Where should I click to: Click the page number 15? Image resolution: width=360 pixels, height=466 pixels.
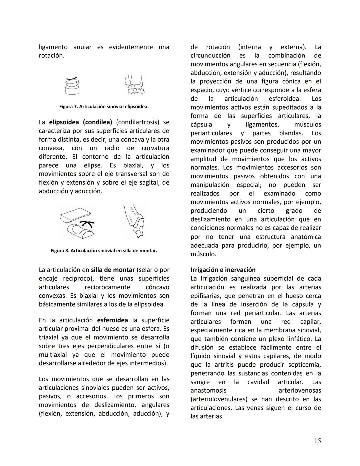pyautogui.click(x=317, y=441)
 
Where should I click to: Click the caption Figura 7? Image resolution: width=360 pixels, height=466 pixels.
pyautogui.click(x=104, y=107)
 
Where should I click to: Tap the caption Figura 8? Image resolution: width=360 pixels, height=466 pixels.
pyautogui.click(x=104, y=250)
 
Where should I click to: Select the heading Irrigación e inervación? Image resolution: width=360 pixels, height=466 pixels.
pyautogui.click(x=223, y=270)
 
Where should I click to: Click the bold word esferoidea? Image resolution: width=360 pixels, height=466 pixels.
pyautogui.click(x=112, y=320)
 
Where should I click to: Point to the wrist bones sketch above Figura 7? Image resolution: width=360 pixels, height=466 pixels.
pyautogui.click(x=135, y=84)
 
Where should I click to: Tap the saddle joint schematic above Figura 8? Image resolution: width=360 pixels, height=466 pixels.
pyautogui.click(x=77, y=222)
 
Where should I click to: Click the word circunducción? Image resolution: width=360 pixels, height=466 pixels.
pyautogui.click(x=210, y=55)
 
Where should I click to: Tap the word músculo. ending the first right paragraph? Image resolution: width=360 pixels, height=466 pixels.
pyautogui.click(x=203, y=254)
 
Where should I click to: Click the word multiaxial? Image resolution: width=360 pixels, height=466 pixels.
pyautogui.click(x=52, y=355)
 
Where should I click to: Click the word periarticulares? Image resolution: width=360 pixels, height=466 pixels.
pyautogui.click(x=211, y=133)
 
